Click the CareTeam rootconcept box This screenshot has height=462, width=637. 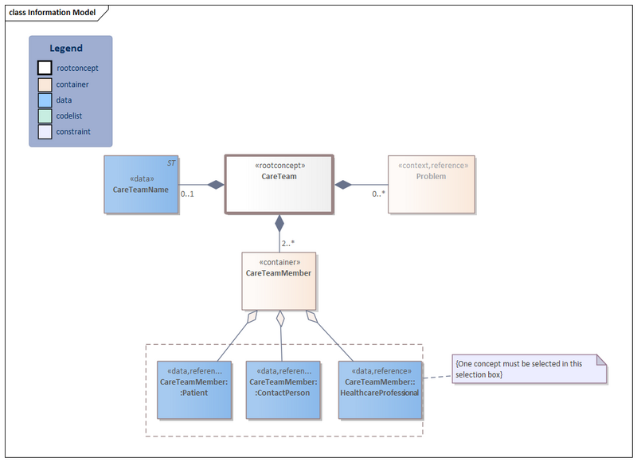pyautogui.click(x=279, y=184)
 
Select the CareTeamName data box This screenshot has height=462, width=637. pyautogui.click(x=141, y=184)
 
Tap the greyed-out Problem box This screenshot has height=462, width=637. pyautogui.click(x=431, y=184)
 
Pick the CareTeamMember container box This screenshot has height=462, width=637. pyautogui.click(x=279, y=280)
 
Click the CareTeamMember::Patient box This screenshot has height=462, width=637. pyautogui.click(x=194, y=390)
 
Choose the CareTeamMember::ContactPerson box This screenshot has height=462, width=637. pyautogui.click(x=283, y=390)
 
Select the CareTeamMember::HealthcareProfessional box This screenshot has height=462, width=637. pyautogui.click(x=379, y=390)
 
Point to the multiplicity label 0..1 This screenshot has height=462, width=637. pyautogui.click(x=188, y=194)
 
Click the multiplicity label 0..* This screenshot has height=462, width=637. pyautogui.click(x=379, y=194)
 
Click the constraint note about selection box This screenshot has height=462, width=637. pyautogui.click(x=529, y=369)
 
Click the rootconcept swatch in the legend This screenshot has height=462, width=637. pyautogui.click(x=45, y=69)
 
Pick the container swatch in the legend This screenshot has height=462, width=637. pyautogui.click(x=45, y=84)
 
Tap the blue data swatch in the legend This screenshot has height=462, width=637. pyautogui.click(x=45, y=100)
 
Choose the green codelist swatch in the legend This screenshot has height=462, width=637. pyautogui.click(x=45, y=116)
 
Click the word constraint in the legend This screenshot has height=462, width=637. pyautogui.click(x=73, y=131)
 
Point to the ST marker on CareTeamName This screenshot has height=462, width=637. pyautogui.click(x=170, y=163)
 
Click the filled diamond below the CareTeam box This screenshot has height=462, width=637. pyautogui.click(x=279, y=222)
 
